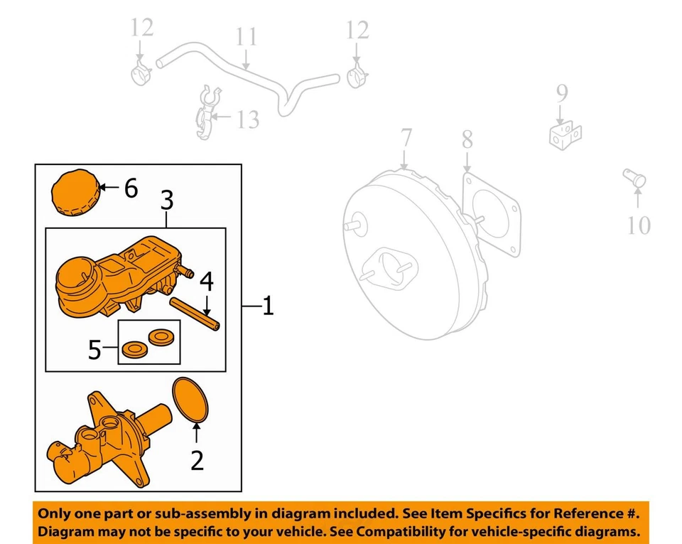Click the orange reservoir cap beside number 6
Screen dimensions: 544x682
[73, 191]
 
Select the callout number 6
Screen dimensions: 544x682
[130, 188]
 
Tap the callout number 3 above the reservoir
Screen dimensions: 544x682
[166, 201]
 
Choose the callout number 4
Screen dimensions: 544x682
[206, 282]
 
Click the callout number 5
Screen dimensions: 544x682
[95, 350]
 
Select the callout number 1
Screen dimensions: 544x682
[267, 307]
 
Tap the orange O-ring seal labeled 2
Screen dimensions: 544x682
[192, 402]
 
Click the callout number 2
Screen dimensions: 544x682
[197, 460]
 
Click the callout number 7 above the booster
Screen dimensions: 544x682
[405, 139]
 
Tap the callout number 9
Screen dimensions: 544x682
[561, 93]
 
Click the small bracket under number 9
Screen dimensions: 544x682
[565, 135]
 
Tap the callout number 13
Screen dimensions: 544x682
[248, 119]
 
